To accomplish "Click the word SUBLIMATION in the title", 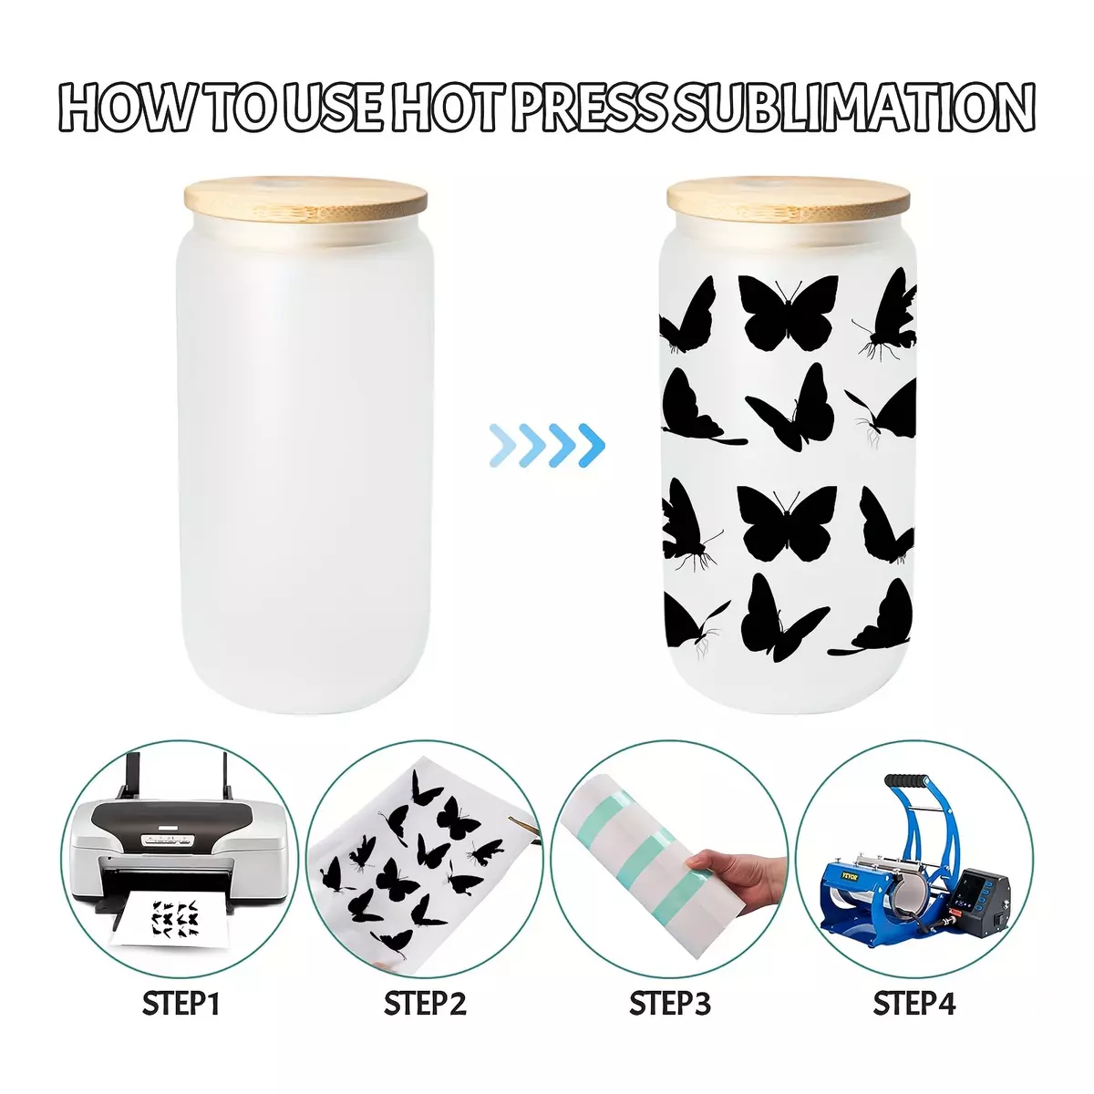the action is point(857,108).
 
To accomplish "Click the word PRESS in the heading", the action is point(594,108).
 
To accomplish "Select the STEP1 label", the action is point(181,1003).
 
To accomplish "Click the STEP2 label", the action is point(425,1003).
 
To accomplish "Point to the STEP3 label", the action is point(669,1003).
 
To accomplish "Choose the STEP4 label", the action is point(914,1003).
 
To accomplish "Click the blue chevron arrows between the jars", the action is point(547,445).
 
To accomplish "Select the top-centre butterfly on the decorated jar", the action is point(788,312).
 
